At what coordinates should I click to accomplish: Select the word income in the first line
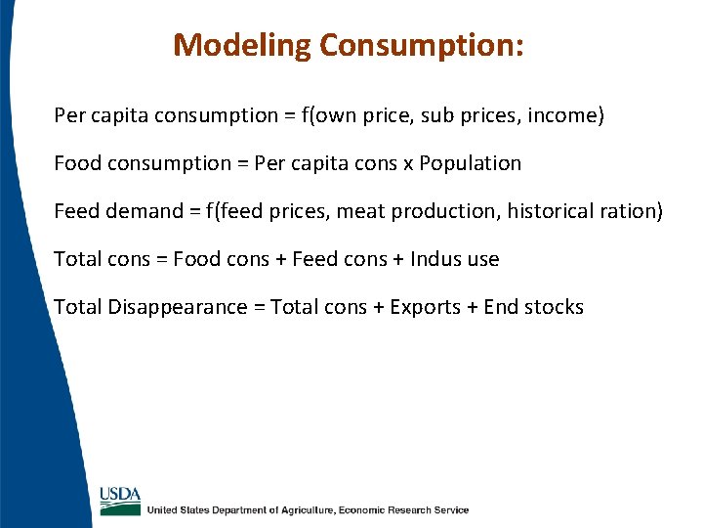coord(562,116)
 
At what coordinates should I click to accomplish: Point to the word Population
coord(471,163)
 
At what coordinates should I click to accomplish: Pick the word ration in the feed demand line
coord(629,211)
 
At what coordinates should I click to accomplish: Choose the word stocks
coord(554,307)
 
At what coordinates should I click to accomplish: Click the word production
coord(440,211)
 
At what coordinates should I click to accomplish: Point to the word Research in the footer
coord(408,510)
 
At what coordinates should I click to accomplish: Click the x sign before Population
coord(408,164)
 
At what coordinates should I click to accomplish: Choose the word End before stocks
coord(501,307)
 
